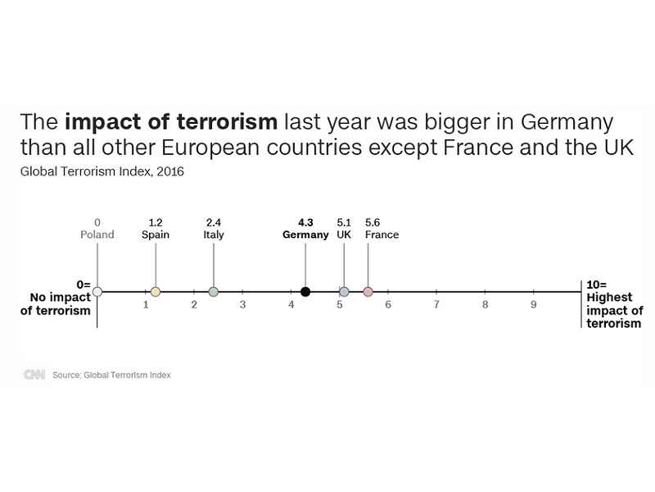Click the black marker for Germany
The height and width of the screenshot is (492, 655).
pyautogui.click(x=305, y=292)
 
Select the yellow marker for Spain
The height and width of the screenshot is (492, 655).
pyautogui.click(x=156, y=292)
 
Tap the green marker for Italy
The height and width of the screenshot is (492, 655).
pyautogui.click(x=214, y=292)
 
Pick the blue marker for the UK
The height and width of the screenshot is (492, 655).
pyautogui.click(x=344, y=292)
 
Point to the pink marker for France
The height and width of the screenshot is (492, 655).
pyautogui.click(x=368, y=292)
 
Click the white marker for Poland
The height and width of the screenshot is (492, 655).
pyautogui.click(x=97, y=292)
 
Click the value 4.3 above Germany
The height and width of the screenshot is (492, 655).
pyautogui.click(x=305, y=222)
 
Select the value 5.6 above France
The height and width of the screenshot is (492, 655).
pyautogui.click(x=373, y=222)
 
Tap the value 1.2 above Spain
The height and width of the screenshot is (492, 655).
pyautogui.click(x=156, y=222)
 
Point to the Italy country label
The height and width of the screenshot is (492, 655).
pyautogui.click(x=214, y=235)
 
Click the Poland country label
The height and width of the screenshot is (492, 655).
pyautogui.click(x=97, y=235)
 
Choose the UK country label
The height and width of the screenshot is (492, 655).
pyautogui.click(x=344, y=235)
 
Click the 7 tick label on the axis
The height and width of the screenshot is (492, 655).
pyautogui.click(x=436, y=305)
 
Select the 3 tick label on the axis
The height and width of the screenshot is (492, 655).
pyautogui.click(x=242, y=305)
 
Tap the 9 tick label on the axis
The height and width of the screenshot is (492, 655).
pyautogui.click(x=534, y=305)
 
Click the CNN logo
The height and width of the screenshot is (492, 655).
pyautogui.click(x=34, y=375)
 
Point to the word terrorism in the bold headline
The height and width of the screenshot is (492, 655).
pyautogui.click(x=227, y=121)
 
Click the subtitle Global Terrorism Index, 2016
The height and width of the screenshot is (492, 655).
pyautogui.click(x=102, y=171)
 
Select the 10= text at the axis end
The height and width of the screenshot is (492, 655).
pyautogui.click(x=597, y=285)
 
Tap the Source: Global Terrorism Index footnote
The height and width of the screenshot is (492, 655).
pyautogui.click(x=111, y=375)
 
